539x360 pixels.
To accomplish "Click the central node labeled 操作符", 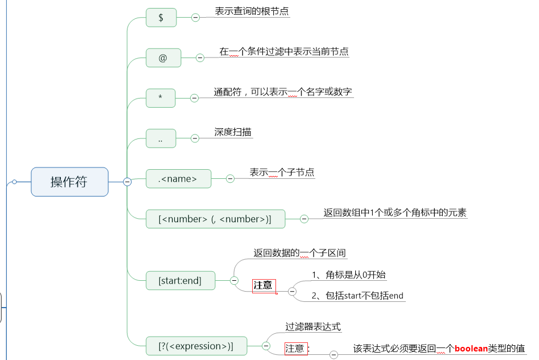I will [69, 182].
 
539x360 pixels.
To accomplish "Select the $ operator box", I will [161, 17].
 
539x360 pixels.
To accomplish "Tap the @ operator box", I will [163, 58].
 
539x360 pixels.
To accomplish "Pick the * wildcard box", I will [161, 98].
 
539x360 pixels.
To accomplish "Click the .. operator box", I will [161, 138].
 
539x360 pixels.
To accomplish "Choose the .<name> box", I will [178, 179].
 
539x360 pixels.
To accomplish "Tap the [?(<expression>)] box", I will [195, 346].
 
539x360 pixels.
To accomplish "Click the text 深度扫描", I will [233, 132].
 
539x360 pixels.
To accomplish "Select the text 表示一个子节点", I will [282, 172].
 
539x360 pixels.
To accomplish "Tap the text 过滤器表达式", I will [313, 327].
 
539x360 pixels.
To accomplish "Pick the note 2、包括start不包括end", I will [357, 295].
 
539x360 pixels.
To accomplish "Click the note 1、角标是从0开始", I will [349, 275].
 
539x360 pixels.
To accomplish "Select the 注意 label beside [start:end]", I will [263, 285].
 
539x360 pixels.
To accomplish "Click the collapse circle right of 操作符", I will [127, 182].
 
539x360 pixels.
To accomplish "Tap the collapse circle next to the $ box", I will [195, 18].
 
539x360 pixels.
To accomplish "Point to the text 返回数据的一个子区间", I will [299, 252].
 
